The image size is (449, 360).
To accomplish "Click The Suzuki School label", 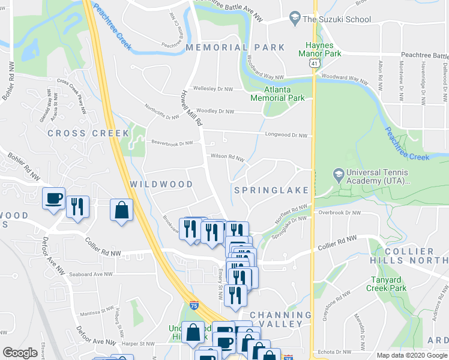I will click(x=337, y=19).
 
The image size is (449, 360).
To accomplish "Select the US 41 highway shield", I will click(x=314, y=62).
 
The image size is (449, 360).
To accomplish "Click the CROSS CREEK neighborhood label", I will click(x=88, y=133).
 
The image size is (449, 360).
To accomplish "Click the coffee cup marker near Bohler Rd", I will click(x=53, y=198).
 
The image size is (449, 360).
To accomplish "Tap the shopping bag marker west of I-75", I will click(x=121, y=211).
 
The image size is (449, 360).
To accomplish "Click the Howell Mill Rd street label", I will click(x=190, y=109).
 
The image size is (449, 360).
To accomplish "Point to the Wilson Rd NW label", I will click(x=227, y=157).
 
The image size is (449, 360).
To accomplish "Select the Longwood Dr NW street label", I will click(x=286, y=136).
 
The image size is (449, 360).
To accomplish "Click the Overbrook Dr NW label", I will click(x=340, y=212).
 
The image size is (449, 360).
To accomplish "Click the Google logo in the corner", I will click(x=20, y=353).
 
